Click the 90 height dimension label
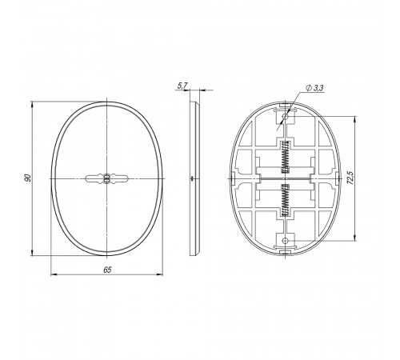pyautogui.click(x=27, y=178)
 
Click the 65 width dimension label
pyautogui.click(x=107, y=270)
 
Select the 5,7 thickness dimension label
pyautogui.click(x=183, y=86)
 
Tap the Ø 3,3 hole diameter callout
pyautogui.click(x=315, y=88)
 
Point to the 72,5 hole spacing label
pyautogui.click(x=350, y=178)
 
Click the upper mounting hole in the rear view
pyautogui.click(x=286, y=117)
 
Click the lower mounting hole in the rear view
pyautogui.click(x=286, y=241)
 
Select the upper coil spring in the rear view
pyautogui.click(x=286, y=157)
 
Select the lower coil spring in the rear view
pyautogui.click(x=286, y=200)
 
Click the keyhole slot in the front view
pyautogui.click(x=106, y=178)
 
